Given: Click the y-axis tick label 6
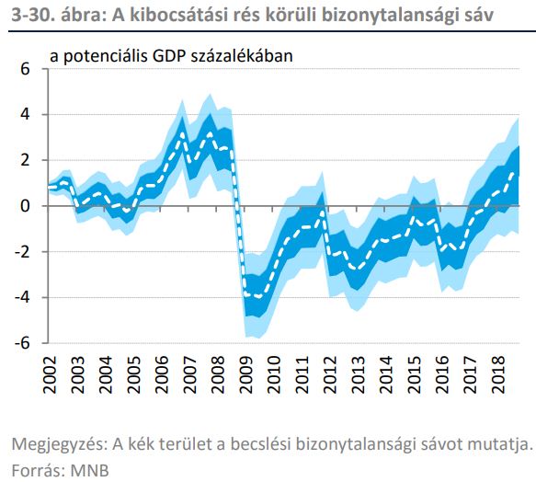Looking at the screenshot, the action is tap(26, 69).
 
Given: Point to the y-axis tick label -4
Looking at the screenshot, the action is tap(22, 297).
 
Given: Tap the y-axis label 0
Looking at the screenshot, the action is tap(26, 206).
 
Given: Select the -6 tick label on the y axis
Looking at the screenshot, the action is tap(22, 343).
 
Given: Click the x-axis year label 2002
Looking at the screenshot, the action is tap(50, 375).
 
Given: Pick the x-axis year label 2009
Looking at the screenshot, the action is tap(246, 375).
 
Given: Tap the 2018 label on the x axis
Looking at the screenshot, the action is tap(498, 375).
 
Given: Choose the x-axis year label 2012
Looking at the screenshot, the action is tap(330, 375).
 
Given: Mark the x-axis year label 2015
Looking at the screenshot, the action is tap(415, 375).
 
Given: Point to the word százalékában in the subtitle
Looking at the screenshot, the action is tap(242, 56).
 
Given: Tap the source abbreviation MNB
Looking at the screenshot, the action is tap(89, 471).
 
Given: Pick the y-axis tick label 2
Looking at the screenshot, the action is tap(26, 160).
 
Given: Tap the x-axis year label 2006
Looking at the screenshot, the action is tap(162, 375).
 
